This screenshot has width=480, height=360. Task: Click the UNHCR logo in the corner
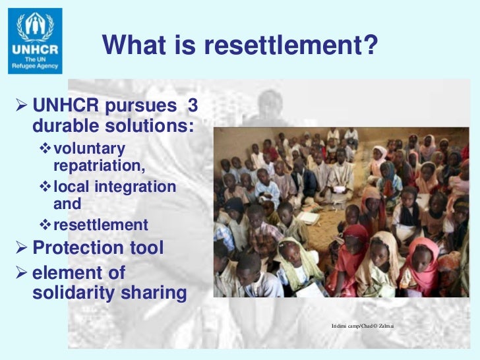[x=36, y=41]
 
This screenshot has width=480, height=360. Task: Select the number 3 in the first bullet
[x=193, y=106]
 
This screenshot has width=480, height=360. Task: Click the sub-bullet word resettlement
[x=100, y=225]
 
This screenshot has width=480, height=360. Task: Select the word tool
[x=146, y=248]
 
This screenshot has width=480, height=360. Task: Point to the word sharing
[x=152, y=293]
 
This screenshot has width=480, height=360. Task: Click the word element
[x=65, y=272]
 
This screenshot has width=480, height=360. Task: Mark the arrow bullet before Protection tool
[x=20, y=249]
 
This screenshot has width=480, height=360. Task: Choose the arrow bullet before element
[x=20, y=273]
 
